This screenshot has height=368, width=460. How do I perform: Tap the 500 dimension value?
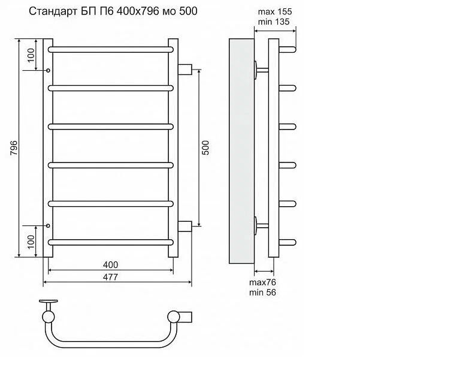[205, 148]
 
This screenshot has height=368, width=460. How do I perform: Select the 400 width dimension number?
[110, 264]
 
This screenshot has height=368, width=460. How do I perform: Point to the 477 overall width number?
[110, 277]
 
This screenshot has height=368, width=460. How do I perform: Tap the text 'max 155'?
[274, 11]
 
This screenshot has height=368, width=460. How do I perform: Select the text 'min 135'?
[274, 22]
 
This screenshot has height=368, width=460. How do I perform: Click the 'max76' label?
[262, 282]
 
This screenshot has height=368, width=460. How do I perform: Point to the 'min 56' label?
[262, 292]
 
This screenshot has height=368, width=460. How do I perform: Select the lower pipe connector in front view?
[185, 226]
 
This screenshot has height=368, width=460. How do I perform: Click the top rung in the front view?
[111, 49]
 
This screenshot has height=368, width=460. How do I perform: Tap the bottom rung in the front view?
[111, 242]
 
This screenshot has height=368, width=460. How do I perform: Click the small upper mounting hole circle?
[49, 70]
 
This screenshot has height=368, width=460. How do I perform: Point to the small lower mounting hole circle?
[49, 226]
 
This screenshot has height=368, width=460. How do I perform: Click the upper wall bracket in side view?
[260, 70]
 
